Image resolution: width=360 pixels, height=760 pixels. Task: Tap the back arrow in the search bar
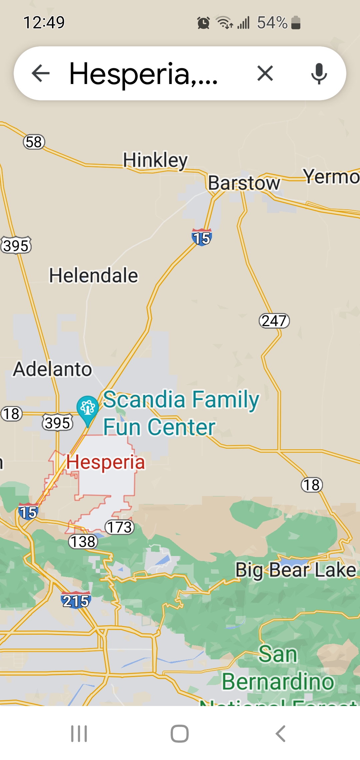41,73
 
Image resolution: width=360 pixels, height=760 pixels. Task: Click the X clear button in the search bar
265,73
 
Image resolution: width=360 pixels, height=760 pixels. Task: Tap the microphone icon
319,73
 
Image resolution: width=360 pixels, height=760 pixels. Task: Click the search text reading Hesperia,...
143,74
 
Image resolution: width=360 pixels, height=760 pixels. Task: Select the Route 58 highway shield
34,142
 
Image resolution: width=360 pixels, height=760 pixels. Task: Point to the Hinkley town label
155,160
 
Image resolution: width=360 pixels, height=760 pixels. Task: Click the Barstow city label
244,183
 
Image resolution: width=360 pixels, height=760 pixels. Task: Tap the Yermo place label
331,176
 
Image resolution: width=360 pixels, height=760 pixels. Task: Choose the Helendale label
93,276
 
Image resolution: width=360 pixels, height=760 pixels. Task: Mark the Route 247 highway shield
274,321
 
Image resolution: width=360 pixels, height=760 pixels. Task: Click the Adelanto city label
52,369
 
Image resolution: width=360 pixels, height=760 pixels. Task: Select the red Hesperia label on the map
105,462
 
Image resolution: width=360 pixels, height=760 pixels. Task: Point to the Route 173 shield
119,527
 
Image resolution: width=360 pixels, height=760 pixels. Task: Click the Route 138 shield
83,542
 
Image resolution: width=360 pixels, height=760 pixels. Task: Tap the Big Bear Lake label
296,570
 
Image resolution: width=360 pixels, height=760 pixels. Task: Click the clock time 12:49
44,23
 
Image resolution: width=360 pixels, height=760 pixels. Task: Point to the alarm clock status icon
203,23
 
